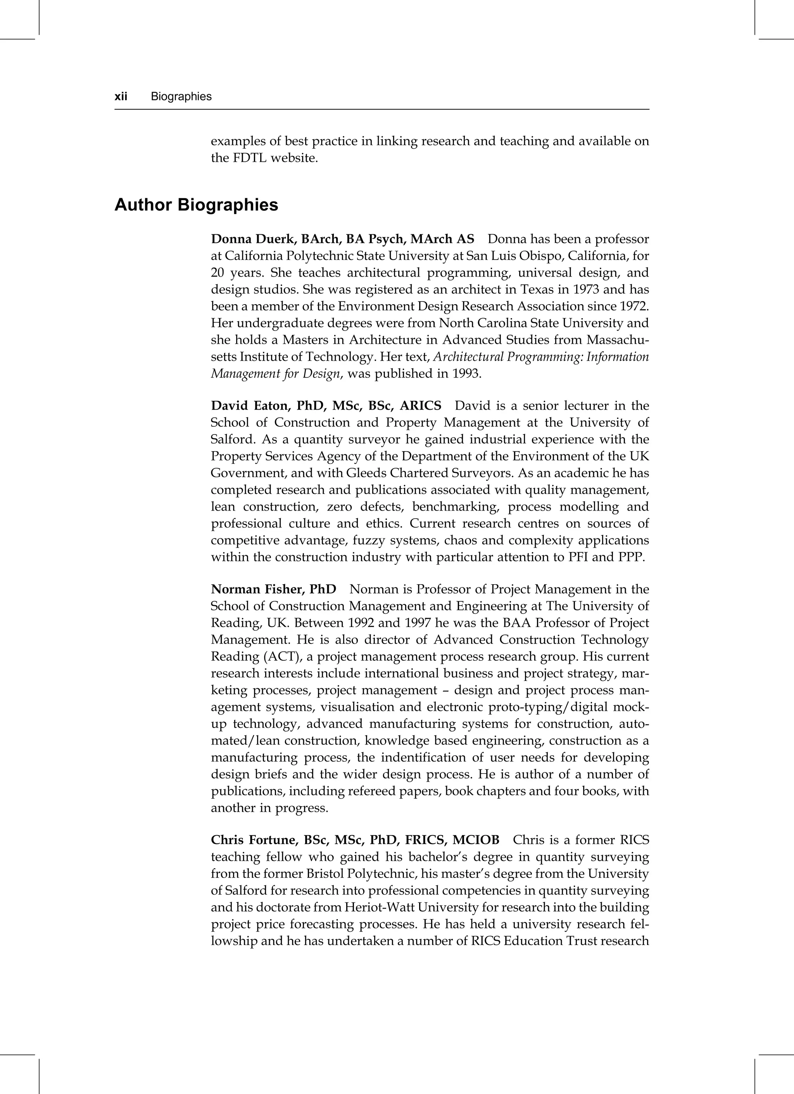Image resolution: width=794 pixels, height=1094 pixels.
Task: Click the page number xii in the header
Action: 121,97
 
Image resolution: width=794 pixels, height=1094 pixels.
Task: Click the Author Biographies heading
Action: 196,205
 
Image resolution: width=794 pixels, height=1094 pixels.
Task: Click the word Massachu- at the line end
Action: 618,340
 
